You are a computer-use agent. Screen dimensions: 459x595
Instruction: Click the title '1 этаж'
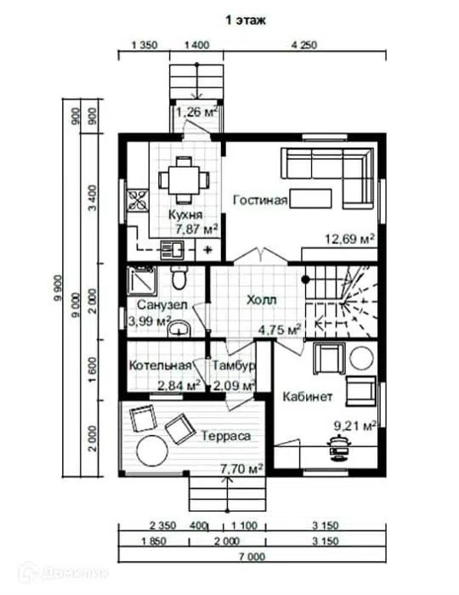(x=246, y=20)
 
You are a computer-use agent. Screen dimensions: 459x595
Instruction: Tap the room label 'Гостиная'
(x=260, y=200)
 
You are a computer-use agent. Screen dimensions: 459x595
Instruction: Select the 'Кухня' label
(x=185, y=215)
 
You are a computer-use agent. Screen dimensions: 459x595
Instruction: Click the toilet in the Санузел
(x=178, y=277)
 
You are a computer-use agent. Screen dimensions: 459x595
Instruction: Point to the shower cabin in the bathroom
(x=141, y=280)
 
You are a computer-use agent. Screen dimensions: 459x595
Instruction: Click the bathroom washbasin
(x=179, y=328)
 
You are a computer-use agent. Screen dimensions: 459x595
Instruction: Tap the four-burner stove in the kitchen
(x=138, y=200)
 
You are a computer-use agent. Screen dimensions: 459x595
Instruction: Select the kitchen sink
(x=172, y=250)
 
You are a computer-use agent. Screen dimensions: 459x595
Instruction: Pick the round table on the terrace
(x=152, y=450)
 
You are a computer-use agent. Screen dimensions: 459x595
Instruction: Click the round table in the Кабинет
(x=361, y=358)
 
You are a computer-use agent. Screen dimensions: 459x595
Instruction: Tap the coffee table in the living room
(x=311, y=198)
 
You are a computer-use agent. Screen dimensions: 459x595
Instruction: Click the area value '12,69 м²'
(x=349, y=239)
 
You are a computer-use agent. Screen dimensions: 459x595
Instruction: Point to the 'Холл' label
(x=262, y=300)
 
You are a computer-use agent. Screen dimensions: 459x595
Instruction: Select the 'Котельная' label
(x=160, y=365)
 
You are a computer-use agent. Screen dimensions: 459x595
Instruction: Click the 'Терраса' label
(x=225, y=436)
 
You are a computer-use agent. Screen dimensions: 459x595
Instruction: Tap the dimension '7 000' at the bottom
(x=252, y=557)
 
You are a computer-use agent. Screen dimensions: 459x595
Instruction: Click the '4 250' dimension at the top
(x=303, y=45)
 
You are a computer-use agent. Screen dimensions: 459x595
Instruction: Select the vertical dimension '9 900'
(x=58, y=287)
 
